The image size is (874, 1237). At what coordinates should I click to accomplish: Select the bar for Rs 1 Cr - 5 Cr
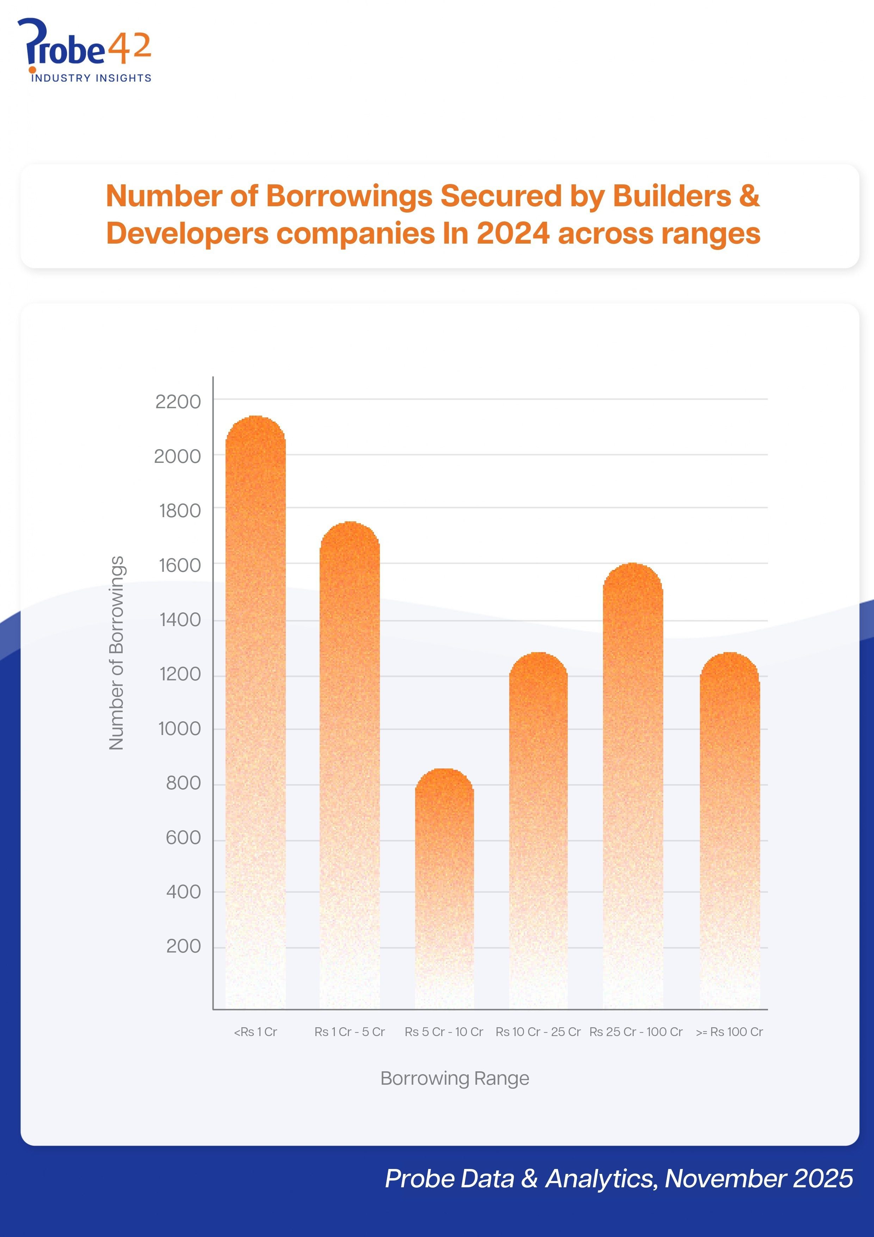pyautogui.click(x=350, y=765)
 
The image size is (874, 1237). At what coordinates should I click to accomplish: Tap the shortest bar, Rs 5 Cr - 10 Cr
pyautogui.click(x=444, y=889)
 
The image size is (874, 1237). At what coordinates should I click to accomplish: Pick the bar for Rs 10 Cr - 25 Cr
pyautogui.click(x=538, y=830)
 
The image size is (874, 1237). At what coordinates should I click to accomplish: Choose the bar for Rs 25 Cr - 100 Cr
pyautogui.click(x=633, y=786)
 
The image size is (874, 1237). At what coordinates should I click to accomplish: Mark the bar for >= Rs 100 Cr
pyautogui.click(x=730, y=830)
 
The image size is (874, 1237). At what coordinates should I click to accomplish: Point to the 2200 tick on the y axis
pyautogui.click(x=178, y=402)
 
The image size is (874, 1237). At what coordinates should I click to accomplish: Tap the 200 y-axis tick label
pyautogui.click(x=183, y=946)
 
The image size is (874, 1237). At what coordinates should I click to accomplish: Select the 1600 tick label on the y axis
pyautogui.click(x=179, y=565)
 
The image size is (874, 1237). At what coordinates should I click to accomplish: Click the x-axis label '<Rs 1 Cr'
pyautogui.click(x=255, y=1032)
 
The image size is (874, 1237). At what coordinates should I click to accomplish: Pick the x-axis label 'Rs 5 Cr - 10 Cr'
pyautogui.click(x=444, y=1032)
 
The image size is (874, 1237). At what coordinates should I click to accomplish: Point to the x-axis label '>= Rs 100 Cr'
pyautogui.click(x=729, y=1032)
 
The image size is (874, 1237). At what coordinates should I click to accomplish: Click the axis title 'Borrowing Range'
pyautogui.click(x=455, y=1078)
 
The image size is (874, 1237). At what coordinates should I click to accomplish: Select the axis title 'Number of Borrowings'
pyautogui.click(x=116, y=653)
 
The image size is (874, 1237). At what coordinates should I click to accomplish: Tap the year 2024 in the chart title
pyautogui.click(x=513, y=234)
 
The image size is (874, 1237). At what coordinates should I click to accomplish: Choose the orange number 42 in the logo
pyautogui.click(x=129, y=47)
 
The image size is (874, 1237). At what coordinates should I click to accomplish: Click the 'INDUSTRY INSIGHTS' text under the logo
pyautogui.click(x=91, y=78)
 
